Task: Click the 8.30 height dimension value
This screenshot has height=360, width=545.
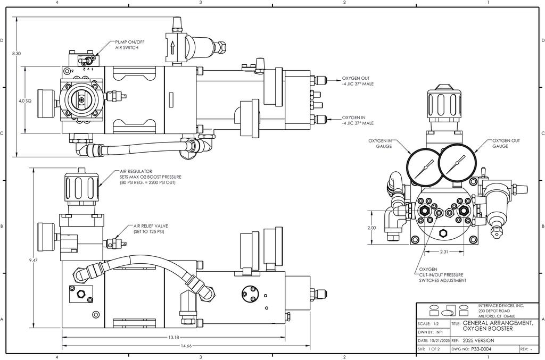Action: click(x=16, y=54)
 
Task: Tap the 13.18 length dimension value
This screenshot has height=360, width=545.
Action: click(x=174, y=337)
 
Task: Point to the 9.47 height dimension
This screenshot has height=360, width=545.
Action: click(x=34, y=260)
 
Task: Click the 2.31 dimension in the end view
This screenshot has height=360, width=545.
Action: click(x=444, y=252)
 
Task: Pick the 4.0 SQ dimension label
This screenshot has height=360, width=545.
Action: click(x=25, y=101)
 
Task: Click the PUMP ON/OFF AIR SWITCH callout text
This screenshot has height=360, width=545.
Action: click(x=130, y=45)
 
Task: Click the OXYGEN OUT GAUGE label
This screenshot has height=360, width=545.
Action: click(x=506, y=144)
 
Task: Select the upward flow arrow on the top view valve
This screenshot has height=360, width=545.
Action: click(x=172, y=47)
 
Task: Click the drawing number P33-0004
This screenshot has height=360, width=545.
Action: click(x=481, y=349)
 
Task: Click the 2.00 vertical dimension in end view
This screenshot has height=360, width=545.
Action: click(x=371, y=228)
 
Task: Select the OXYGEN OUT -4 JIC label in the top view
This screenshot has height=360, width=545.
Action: click(x=358, y=81)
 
